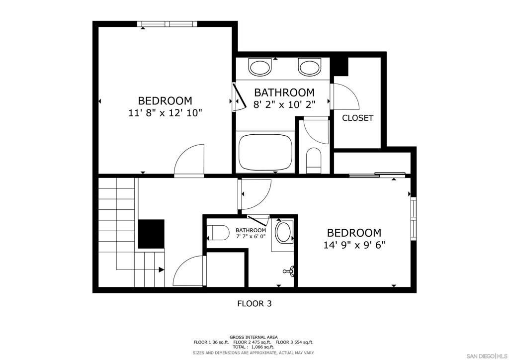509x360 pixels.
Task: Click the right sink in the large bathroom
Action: pos(310,66)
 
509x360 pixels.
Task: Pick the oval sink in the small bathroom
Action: pos(284,232)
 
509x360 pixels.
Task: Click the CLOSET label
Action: pos(357,118)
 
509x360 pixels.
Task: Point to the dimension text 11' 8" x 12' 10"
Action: pos(165,113)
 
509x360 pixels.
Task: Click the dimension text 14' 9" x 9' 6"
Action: pos(354,245)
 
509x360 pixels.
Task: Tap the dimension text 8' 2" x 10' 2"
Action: pos(284,104)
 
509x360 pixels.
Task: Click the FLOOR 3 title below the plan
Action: pos(254,303)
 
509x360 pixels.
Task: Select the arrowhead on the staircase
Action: pos(162,270)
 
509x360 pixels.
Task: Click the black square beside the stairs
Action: pos(151,234)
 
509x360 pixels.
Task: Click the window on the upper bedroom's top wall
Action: pos(168,23)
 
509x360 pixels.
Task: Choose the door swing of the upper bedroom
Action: pos(189,160)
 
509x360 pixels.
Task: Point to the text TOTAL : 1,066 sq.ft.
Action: pos(254,347)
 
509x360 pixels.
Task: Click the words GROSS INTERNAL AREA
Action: pos(254,337)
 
